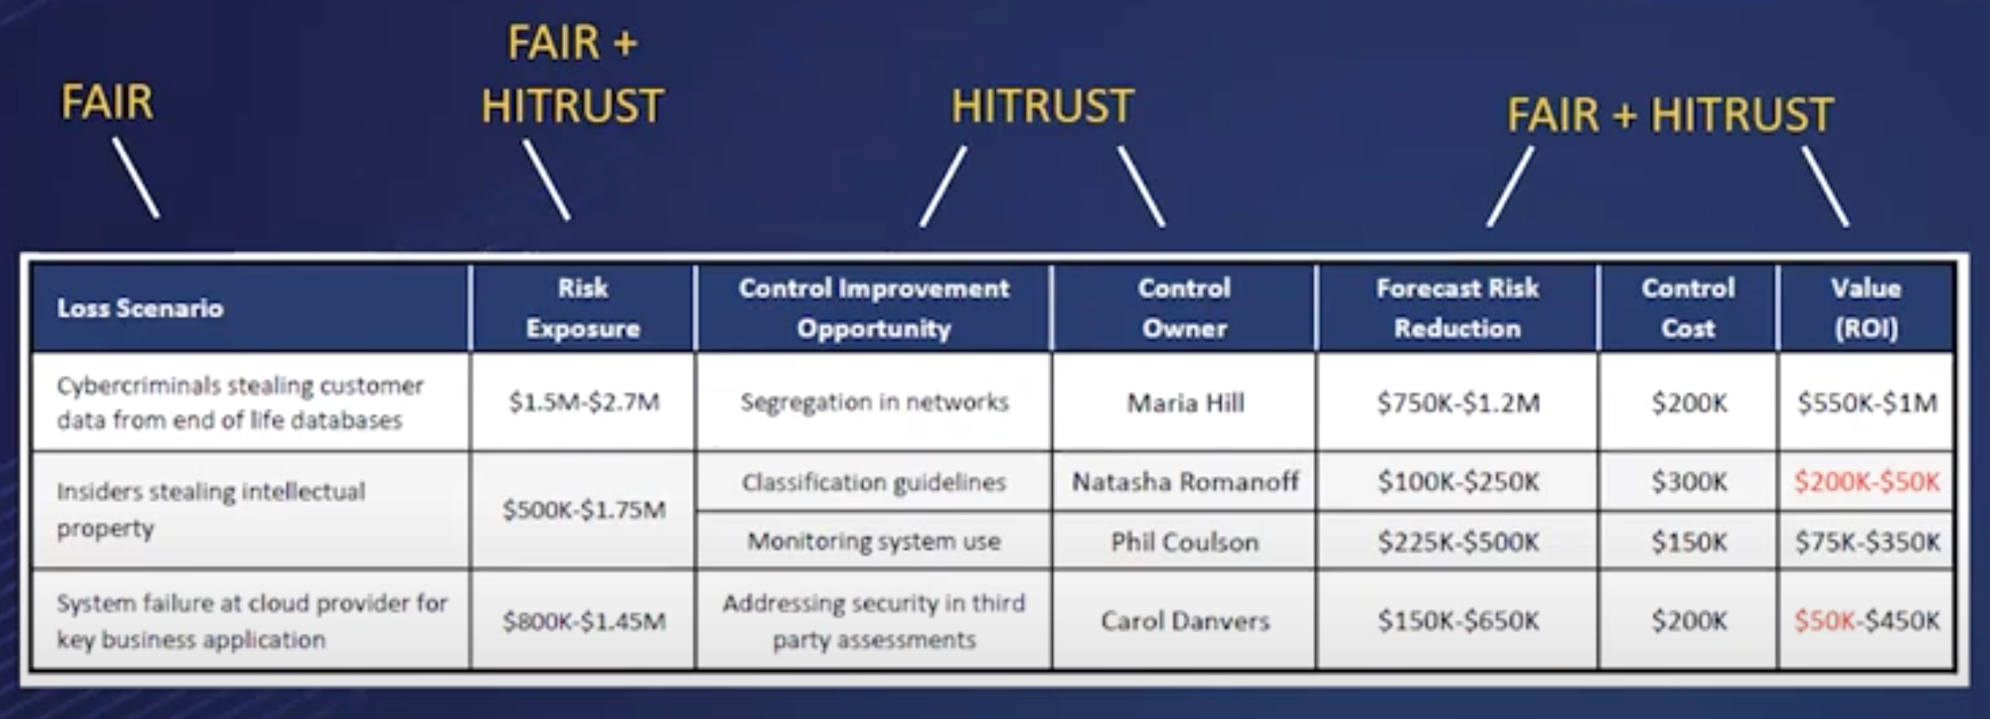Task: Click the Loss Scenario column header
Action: pos(140,308)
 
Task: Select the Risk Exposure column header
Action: pos(583,308)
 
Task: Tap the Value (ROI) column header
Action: pos(1866,308)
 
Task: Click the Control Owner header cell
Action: pos(1184,308)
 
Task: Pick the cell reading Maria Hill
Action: pos(1185,402)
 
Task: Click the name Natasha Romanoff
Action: pos(1185,482)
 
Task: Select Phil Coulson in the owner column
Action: pos(1185,542)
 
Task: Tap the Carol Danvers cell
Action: pos(1185,621)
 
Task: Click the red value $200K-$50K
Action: pos(1866,482)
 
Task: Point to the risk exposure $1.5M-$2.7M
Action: pos(584,401)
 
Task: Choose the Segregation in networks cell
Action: pos(874,401)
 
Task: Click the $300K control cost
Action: pos(1688,482)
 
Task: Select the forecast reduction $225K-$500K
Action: pos(1458,542)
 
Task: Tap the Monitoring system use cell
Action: pos(874,541)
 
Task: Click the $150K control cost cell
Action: pos(1688,542)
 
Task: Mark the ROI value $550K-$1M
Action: pos(1866,402)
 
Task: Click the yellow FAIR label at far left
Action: pos(107,103)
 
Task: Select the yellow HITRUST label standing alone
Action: pos(1042,107)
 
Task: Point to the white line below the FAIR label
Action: pos(136,178)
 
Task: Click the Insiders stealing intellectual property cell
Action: pos(211,510)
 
